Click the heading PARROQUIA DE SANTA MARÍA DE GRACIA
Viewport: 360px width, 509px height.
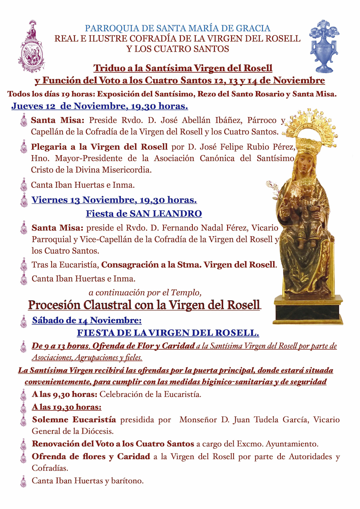pos(178,28)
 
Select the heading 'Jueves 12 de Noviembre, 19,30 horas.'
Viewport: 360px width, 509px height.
pos(100,106)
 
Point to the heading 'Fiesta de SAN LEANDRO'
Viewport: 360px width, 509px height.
pos(144,214)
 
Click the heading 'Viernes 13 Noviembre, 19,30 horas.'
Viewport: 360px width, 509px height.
pos(114,200)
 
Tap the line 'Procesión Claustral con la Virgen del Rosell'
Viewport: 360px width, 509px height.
pos(144,305)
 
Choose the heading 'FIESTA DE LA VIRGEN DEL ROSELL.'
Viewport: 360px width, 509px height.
pos(168,333)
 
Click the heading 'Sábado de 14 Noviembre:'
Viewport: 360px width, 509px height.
pos(86,320)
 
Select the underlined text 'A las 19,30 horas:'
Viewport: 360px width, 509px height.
pos(66,407)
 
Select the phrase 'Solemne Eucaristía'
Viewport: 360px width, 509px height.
pos(74,420)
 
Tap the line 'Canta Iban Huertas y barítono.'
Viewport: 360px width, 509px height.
pos(88,481)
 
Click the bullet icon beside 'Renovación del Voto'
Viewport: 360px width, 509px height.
pos(24,444)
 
